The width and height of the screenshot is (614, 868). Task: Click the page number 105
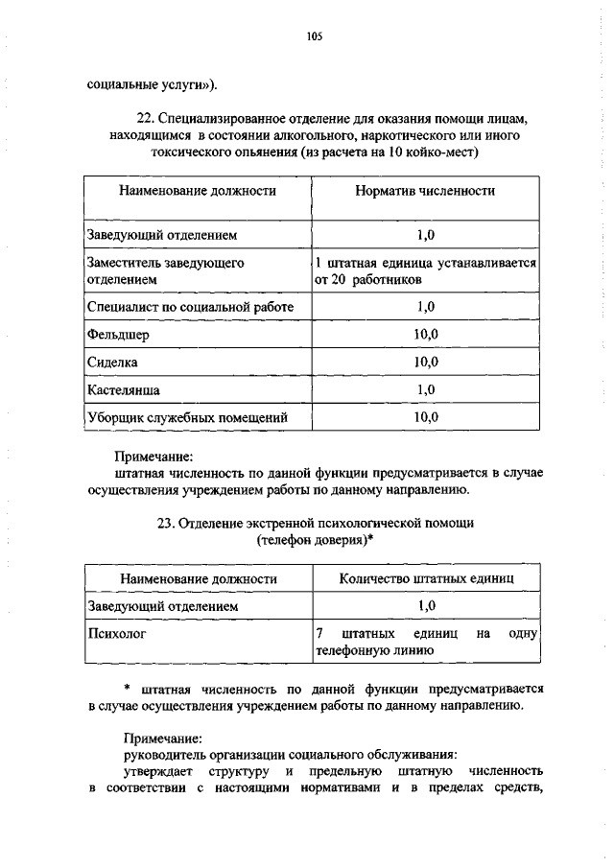coord(314,37)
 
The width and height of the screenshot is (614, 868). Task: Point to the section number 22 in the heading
coord(146,118)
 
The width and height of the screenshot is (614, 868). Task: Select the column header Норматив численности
coord(425,191)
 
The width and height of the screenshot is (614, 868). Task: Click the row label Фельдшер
coord(117,334)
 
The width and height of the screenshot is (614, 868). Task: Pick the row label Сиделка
coord(112,362)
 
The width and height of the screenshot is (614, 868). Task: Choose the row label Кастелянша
coord(123,389)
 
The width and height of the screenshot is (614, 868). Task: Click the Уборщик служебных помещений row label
coord(186,417)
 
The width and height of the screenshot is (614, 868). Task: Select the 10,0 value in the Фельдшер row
coord(426,334)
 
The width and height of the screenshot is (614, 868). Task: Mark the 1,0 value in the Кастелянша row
coord(426,389)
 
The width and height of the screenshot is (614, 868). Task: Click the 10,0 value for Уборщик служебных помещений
coord(426,417)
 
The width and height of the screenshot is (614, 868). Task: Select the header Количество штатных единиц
coord(426,578)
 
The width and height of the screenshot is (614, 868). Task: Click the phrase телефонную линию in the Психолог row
coord(374,651)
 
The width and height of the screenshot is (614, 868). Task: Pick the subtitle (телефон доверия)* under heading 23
coord(316,541)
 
